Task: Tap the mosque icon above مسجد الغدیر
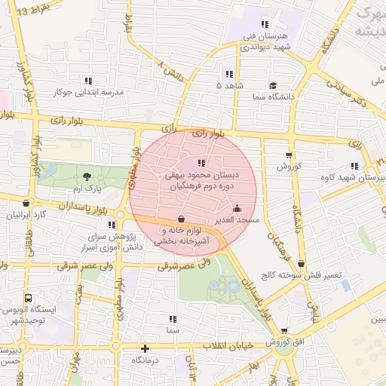[x=237, y=209]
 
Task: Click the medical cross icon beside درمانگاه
[x=145, y=349]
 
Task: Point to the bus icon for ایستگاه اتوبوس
[x=28, y=298]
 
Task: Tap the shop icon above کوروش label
[x=287, y=155]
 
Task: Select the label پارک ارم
[x=87, y=186]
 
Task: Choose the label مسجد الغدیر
[x=237, y=220]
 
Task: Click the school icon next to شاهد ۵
[x=228, y=74]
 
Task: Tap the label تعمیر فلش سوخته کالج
[x=302, y=275]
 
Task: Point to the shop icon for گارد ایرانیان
[x=27, y=203]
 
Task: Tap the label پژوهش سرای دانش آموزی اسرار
[x=113, y=241]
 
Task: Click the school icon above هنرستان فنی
[x=264, y=23]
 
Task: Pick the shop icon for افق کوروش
[x=283, y=330]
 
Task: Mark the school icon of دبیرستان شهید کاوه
[x=354, y=166]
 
